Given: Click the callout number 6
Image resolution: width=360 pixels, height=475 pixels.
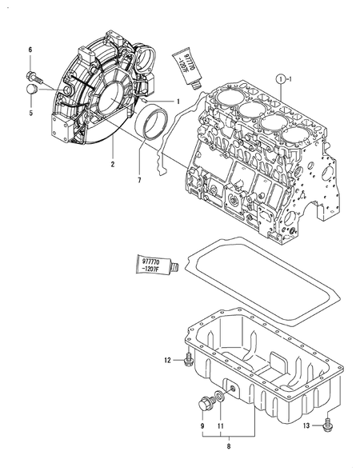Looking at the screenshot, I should click(x=30, y=50).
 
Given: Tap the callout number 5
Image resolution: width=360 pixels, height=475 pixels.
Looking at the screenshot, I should click(x=30, y=114).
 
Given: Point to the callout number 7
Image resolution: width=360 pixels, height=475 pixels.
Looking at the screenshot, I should click(x=139, y=181).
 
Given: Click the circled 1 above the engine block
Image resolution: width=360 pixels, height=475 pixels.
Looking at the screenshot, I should click(x=282, y=79).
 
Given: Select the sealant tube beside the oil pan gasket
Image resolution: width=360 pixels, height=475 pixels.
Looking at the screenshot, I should click(x=154, y=265).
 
